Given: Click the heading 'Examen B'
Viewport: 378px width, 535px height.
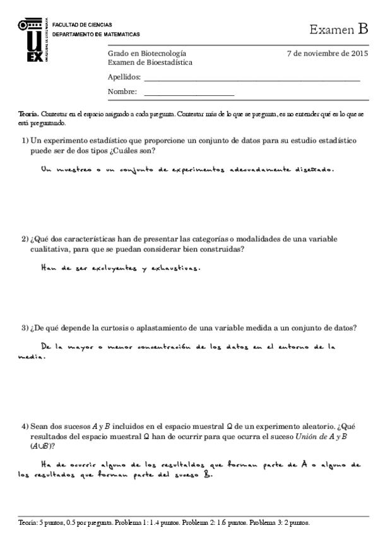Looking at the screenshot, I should coord(338,29).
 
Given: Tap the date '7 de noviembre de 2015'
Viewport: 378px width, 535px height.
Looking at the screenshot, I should coord(327,54).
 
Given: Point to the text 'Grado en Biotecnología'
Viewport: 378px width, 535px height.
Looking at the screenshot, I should coord(147,54).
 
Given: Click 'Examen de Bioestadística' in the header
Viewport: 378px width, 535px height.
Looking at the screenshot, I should coord(150,62).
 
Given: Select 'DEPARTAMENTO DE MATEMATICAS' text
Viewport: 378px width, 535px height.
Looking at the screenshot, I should coord(96,34).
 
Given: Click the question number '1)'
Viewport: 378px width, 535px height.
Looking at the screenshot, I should coord(25,140).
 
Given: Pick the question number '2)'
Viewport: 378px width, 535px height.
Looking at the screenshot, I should coord(25,239).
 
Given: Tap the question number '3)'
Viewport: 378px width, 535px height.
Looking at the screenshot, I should coord(25,328).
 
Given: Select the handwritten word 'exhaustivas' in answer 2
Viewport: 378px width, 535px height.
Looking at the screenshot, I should coord(176,267).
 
